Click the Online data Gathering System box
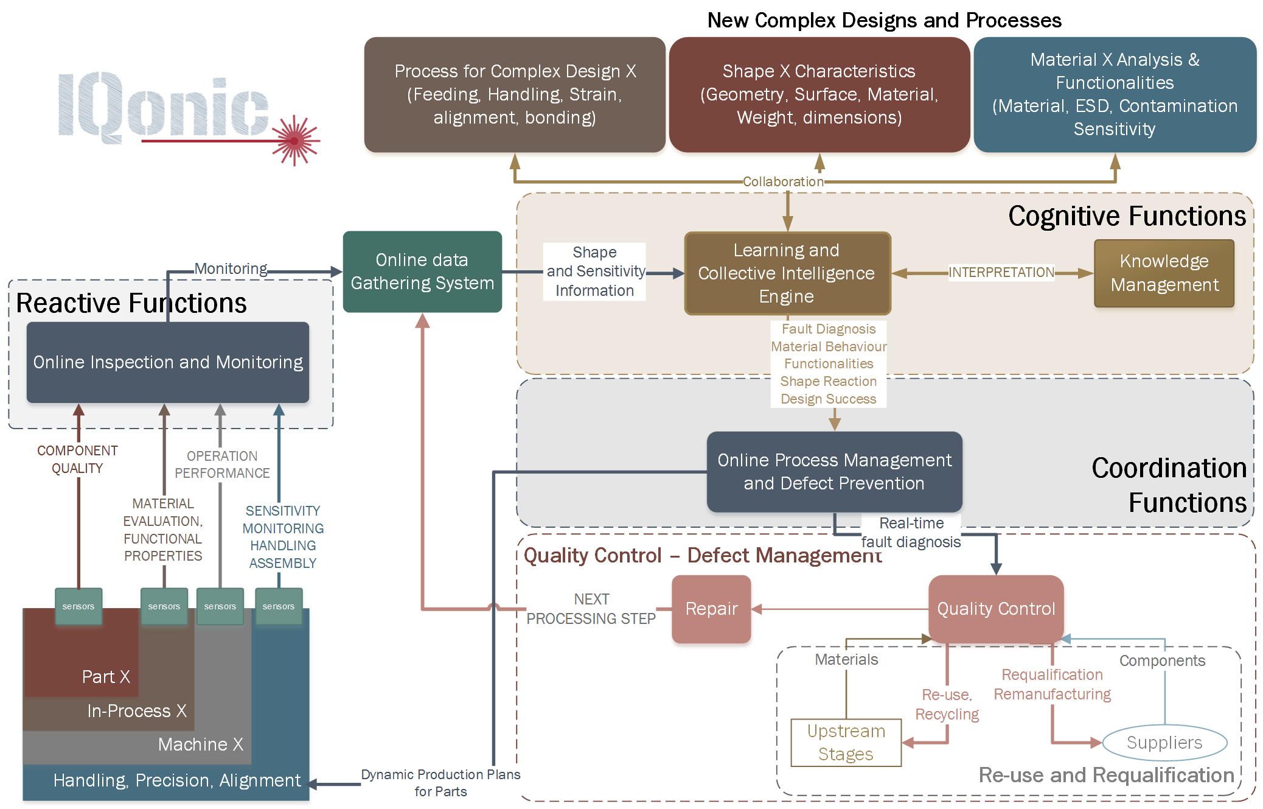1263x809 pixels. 422,271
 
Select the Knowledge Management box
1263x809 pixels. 1164,273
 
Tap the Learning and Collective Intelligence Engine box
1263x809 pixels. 787,273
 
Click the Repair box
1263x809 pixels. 711,609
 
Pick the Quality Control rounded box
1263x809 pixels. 996,609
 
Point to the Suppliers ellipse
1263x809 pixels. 1164,743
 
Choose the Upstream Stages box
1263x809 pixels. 846,742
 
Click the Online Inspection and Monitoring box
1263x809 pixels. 168,362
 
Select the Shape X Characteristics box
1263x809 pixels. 819,94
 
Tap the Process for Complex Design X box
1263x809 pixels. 515,94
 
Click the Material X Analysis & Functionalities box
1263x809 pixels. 1115,94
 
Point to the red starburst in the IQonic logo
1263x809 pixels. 295,141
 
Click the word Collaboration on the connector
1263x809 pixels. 783,181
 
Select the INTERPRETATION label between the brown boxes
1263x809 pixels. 1001,272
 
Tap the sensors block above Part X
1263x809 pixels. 78,606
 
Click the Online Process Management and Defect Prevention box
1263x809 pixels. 834,472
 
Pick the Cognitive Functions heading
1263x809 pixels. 1127,216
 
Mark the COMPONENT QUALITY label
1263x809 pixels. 77,460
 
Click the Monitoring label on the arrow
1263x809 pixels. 231,268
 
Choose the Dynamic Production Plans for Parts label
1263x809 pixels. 440,783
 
